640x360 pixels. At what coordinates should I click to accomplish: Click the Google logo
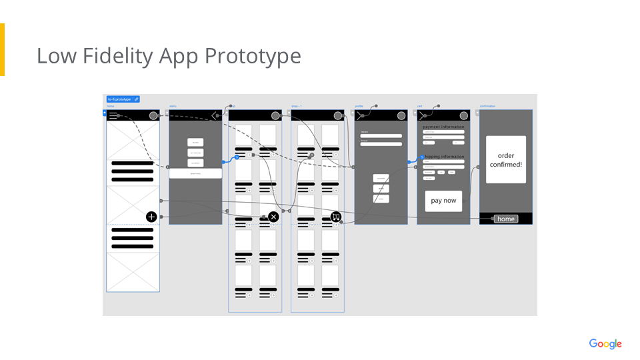coord(605,344)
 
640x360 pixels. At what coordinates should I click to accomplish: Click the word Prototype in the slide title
coord(253,56)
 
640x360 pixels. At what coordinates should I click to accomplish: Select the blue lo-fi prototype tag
coord(123,99)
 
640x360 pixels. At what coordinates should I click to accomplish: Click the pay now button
coord(443,201)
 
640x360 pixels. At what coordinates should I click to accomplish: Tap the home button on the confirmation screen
coord(506,219)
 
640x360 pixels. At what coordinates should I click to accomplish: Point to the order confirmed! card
coord(506,160)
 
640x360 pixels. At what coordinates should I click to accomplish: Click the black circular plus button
coord(151,217)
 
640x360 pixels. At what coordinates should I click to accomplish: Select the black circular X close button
coord(273,217)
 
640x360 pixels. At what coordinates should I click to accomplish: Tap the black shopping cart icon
coord(336,217)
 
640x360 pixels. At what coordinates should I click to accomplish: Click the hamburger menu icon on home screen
coord(114,115)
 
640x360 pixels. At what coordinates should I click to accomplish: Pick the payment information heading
coord(443,127)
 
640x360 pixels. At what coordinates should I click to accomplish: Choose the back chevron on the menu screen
coord(214,115)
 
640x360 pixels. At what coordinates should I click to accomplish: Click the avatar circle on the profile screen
coord(401,115)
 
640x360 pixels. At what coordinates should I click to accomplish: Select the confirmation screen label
coord(487,106)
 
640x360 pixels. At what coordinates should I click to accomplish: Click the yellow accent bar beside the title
coord(2,50)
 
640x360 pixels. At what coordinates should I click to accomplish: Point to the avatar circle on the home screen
coord(153,115)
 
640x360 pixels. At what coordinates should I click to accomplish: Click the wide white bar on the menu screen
coord(195,173)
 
